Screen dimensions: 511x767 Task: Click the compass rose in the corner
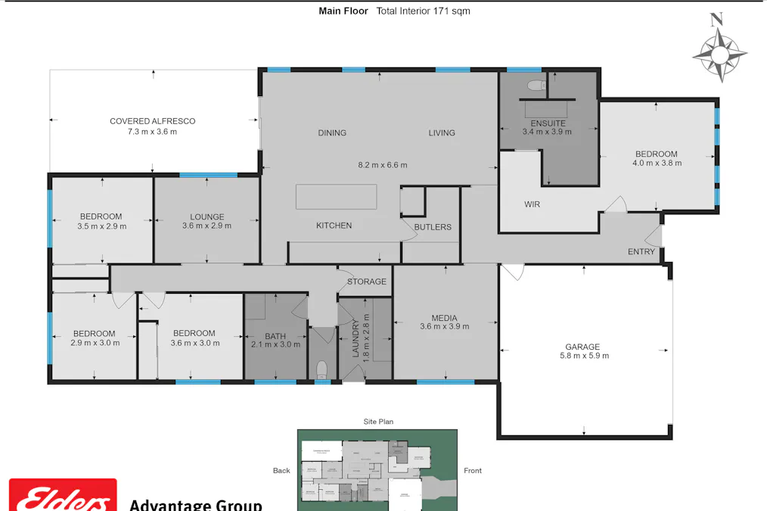pos(719,51)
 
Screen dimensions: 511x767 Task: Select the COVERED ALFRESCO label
pos(152,121)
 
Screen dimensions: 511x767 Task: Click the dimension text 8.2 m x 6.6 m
pos(382,165)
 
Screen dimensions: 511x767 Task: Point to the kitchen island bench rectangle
pos(337,197)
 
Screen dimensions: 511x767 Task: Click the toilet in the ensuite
pos(536,86)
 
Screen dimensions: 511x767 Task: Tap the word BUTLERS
pos(433,227)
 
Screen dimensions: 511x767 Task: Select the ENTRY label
pos(641,252)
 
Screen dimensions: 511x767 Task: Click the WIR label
pos(533,204)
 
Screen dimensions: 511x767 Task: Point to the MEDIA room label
pos(445,318)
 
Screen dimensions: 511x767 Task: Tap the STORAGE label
pos(367,282)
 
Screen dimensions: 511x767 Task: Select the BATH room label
pos(275,337)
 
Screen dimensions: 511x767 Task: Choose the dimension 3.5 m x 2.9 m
pos(101,226)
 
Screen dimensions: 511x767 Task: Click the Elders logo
pos(63,497)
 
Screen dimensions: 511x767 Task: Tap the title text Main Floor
pos(343,11)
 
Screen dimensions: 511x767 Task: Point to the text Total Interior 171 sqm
pos(423,11)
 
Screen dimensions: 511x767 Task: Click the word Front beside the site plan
pos(473,471)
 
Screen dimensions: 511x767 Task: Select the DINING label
pos(332,133)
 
